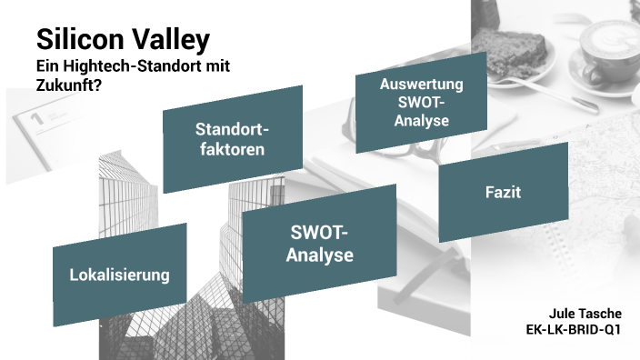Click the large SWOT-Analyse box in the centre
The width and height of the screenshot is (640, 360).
319,245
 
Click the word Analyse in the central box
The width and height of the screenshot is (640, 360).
319,255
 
